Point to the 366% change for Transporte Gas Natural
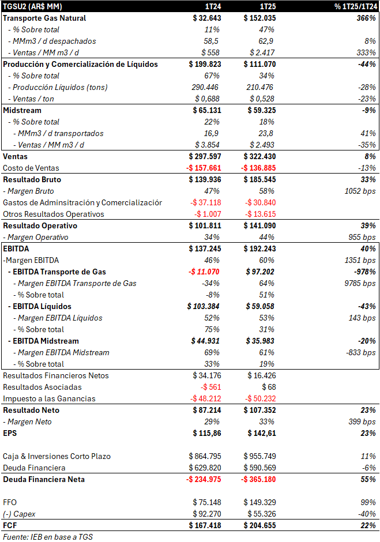[x=365, y=18]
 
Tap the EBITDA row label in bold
[x=16, y=249]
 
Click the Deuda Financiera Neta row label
[x=44, y=479]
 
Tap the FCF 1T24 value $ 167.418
[x=205, y=525]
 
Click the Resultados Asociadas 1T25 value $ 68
[x=268, y=387]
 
